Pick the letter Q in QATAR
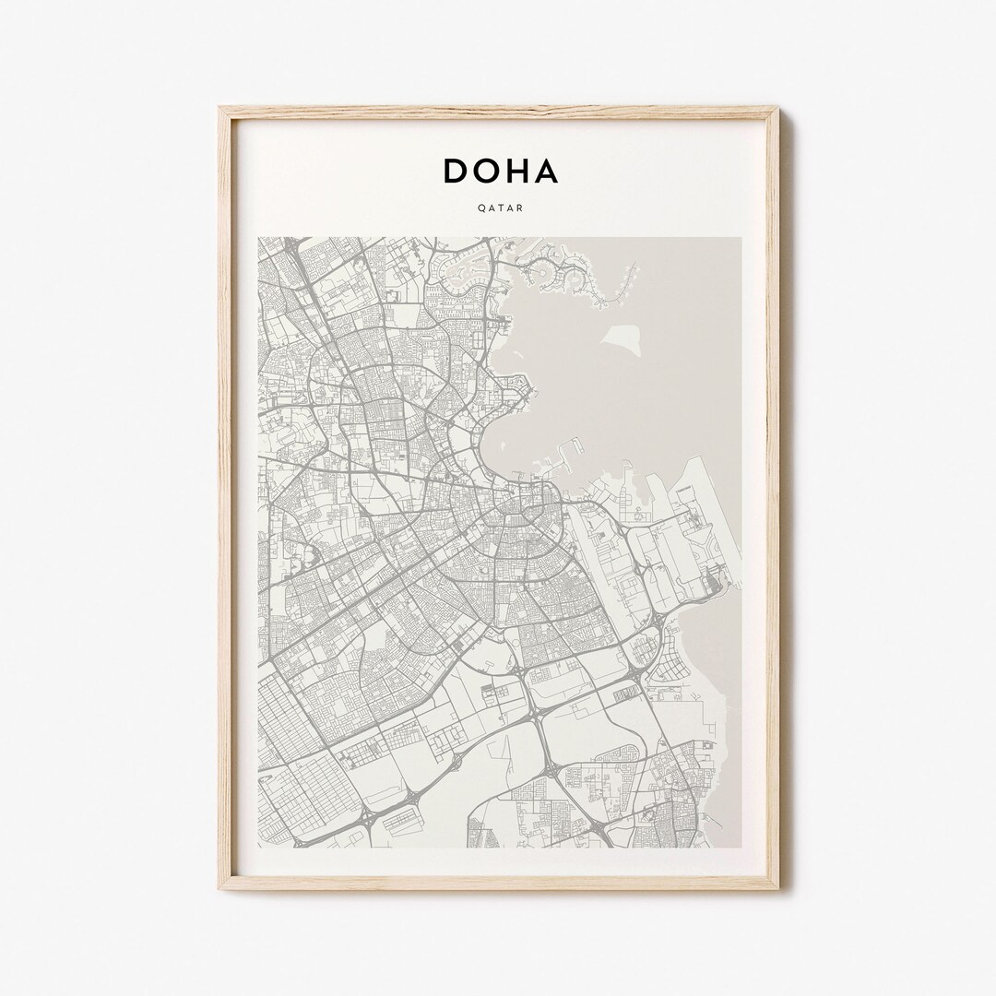click(480, 208)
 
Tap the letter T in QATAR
click(500, 208)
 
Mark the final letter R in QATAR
click(520, 208)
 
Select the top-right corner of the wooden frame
click(777, 109)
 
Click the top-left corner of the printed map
click(259, 238)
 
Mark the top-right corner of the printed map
click(741, 238)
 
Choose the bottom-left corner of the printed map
click(259, 848)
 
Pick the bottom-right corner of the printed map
click(741, 848)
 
